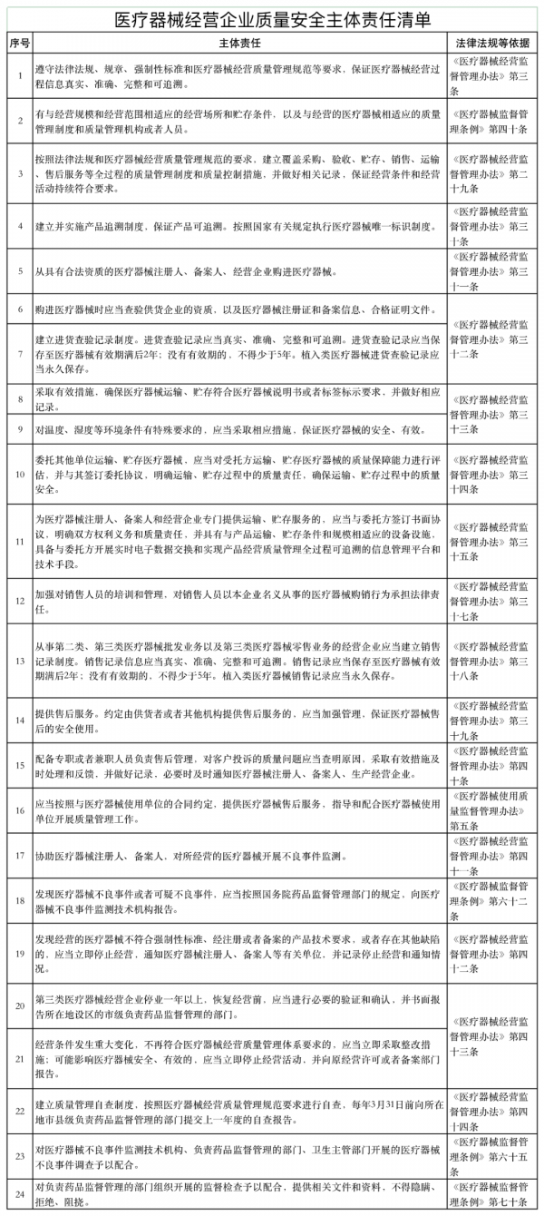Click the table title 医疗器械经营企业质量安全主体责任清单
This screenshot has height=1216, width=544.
click(x=272, y=19)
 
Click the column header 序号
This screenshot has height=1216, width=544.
click(x=19, y=43)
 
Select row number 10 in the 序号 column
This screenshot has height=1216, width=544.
click(x=19, y=473)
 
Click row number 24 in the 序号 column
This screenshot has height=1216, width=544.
click(x=19, y=1192)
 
